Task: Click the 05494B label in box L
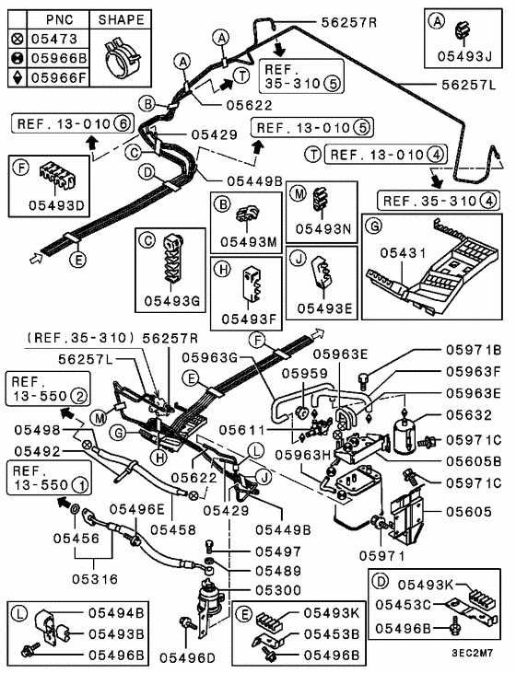[x=116, y=611]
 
